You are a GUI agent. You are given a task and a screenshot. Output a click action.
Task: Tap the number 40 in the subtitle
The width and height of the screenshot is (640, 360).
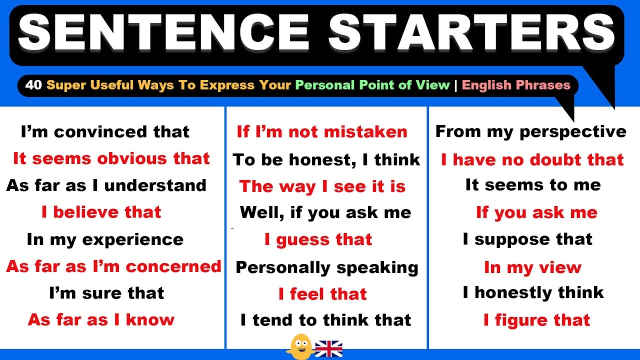[x=33, y=85]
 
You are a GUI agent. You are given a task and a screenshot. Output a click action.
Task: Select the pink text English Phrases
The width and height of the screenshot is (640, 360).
[x=516, y=85]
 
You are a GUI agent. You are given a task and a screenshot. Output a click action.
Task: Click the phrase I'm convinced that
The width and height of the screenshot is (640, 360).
[x=105, y=132]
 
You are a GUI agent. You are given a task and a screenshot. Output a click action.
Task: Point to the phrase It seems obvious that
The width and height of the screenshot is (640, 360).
[x=111, y=158]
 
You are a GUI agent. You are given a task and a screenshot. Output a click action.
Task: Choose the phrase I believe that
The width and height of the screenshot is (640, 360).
[x=101, y=212]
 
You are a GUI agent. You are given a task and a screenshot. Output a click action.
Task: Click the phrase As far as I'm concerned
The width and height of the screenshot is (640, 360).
[x=113, y=266]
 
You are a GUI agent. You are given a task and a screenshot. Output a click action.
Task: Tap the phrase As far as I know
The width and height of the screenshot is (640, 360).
[x=101, y=319]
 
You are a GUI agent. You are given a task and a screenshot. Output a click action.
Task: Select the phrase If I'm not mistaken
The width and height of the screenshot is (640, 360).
[x=322, y=132]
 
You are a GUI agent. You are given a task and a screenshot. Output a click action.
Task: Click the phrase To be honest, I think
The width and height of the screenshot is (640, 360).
[x=326, y=159]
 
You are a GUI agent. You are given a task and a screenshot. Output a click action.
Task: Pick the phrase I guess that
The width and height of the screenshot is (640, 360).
[x=318, y=240]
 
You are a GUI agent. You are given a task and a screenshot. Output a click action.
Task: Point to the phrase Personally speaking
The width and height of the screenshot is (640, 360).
[x=326, y=267]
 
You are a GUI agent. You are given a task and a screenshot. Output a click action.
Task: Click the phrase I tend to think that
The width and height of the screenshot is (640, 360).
[x=325, y=320]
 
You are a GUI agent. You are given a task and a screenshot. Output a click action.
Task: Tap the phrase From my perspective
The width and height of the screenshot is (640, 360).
[x=530, y=132]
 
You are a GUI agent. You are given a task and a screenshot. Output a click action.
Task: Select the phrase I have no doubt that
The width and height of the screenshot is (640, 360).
[x=532, y=159]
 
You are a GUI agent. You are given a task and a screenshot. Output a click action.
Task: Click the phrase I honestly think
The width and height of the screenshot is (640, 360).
[x=533, y=292]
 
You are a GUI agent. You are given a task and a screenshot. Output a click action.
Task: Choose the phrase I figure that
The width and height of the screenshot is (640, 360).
[x=536, y=320]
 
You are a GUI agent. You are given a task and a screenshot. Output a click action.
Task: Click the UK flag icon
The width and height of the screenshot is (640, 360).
[x=328, y=348]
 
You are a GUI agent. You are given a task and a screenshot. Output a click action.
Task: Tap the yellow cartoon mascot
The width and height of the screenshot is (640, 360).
[x=301, y=346]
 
